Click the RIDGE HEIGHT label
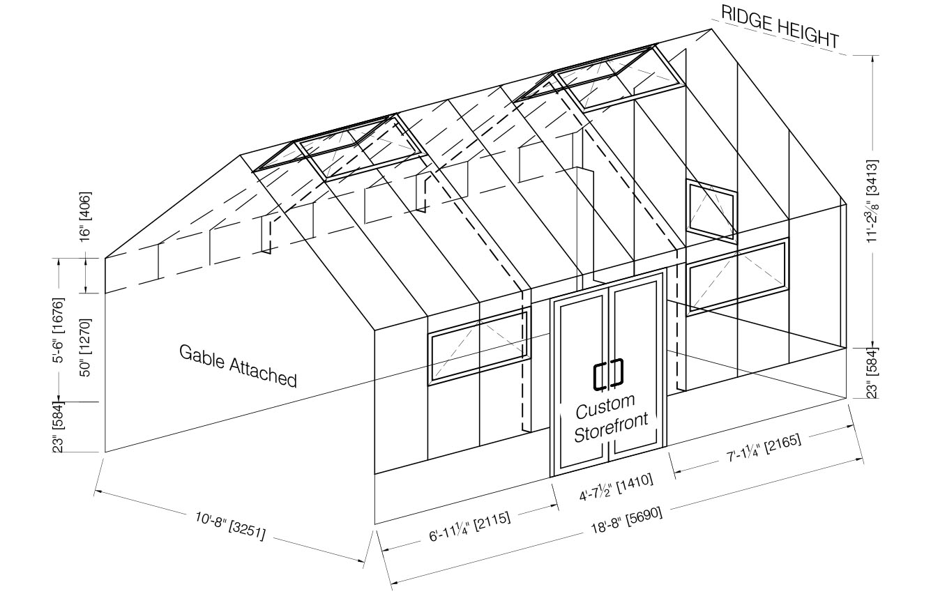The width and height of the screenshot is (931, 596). point(780,26)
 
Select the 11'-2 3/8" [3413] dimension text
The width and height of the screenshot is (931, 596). point(872,202)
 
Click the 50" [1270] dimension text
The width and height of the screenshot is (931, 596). point(86,341)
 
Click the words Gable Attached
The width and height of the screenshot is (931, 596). point(238,365)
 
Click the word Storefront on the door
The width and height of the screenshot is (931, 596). point(611,427)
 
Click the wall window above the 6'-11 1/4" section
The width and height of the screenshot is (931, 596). point(478,346)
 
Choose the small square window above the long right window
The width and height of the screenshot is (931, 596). point(711,209)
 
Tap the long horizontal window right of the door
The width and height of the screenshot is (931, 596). point(737,276)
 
